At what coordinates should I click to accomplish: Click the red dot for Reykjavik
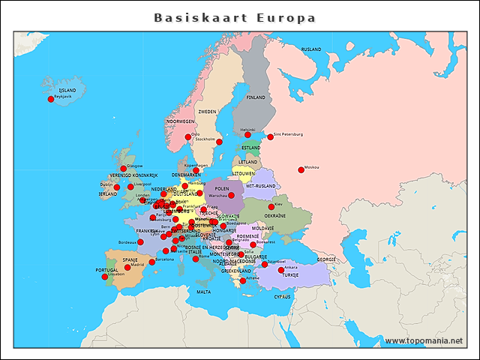pyautogui.click(x=51, y=99)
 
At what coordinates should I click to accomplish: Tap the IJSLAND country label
pyautogui.click(x=67, y=90)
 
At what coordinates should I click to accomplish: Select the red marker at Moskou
pyautogui.click(x=301, y=169)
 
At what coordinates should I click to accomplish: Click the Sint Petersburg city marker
pyautogui.click(x=270, y=136)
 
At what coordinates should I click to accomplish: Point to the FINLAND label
pyautogui.click(x=256, y=97)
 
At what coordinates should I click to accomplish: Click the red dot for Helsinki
pyautogui.click(x=247, y=135)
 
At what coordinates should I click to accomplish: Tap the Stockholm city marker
pyautogui.click(x=220, y=141)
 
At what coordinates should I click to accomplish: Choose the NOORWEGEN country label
pyautogui.click(x=180, y=121)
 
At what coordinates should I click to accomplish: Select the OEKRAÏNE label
pyautogui.click(x=274, y=215)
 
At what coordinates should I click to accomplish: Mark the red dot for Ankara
pyautogui.click(x=281, y=270)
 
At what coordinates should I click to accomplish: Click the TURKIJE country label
pyautogui.click(x=289, y=275)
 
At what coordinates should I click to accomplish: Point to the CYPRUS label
pyautogui.click(x=281, y=296)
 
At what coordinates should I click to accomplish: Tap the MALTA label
pyautogui.click(x=203, y=292)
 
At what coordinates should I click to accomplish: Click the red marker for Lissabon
pyautogui.click(x=104, y=277)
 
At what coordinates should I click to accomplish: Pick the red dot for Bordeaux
pyautogui.click(x=140, y=242)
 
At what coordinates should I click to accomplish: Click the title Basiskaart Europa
pyautogui.click(x=235, y=17)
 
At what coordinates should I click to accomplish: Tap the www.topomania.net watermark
pyautogui.click(x=423, y=340)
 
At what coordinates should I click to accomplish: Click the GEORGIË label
pyautogui.click(x=325, y=259)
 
